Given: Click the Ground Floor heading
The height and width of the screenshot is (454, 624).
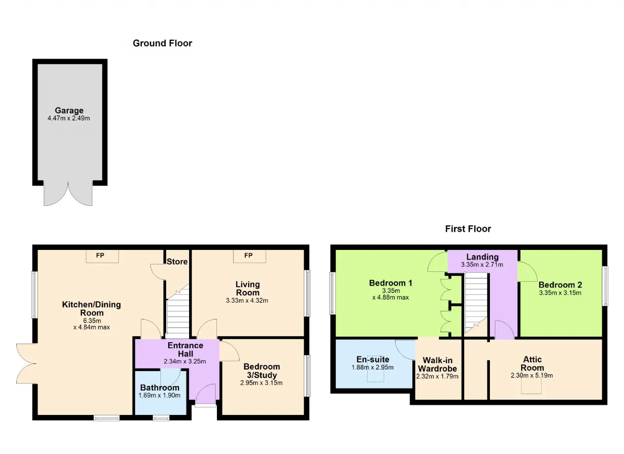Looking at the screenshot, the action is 162,43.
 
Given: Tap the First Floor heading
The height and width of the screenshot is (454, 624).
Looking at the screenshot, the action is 468,229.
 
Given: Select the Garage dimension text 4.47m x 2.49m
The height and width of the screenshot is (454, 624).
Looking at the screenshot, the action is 69,118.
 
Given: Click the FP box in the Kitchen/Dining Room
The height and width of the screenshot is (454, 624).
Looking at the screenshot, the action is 102,256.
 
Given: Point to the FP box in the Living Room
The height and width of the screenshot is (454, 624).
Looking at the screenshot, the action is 249,256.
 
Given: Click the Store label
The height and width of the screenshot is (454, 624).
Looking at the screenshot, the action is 177,262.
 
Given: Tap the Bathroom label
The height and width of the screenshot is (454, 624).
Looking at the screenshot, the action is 159,388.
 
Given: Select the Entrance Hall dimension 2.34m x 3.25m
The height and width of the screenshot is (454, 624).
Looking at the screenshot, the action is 185,361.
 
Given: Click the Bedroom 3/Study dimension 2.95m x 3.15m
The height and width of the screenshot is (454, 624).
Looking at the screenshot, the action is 261,383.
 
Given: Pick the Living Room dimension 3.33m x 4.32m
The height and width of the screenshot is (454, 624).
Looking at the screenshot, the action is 247,301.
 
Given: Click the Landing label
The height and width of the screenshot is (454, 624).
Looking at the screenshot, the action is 483,257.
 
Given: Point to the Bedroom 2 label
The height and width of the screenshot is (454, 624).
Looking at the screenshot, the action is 560,285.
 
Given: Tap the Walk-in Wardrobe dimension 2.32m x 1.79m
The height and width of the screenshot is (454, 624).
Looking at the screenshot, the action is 437,376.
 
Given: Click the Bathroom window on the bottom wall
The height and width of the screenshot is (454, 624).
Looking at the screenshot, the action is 161,418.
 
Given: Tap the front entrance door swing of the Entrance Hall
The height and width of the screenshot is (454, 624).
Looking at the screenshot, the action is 206,394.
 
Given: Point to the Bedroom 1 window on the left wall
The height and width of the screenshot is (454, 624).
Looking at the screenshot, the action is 332,293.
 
